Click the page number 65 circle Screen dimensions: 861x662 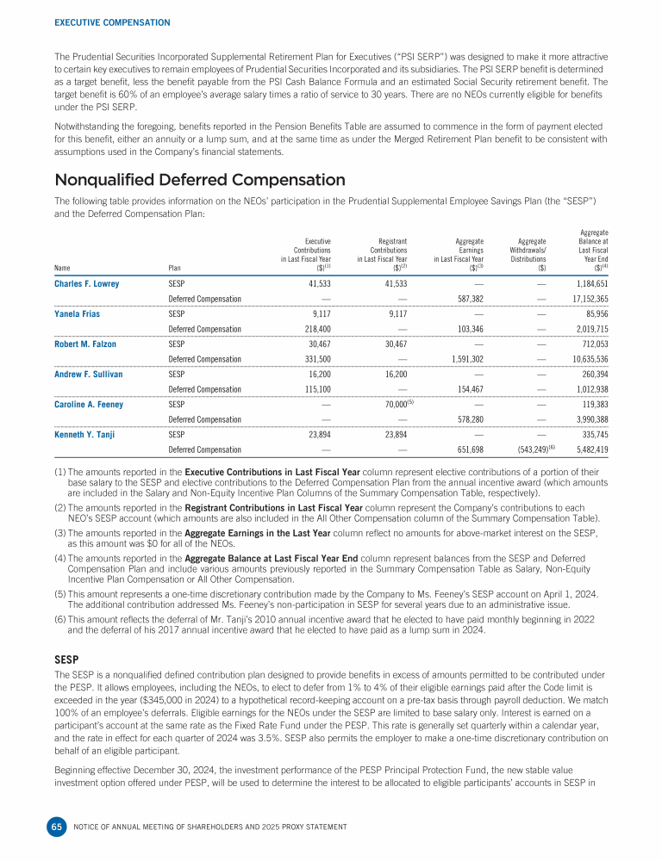57,827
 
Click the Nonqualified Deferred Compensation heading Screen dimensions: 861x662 200,180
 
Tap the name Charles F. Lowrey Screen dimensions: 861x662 87,283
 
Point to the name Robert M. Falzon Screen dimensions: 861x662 85,344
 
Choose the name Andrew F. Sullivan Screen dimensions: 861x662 88,375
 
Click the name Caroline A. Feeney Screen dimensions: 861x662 89,405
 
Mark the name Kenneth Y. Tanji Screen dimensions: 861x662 84,435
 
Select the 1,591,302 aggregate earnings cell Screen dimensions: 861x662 461,359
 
